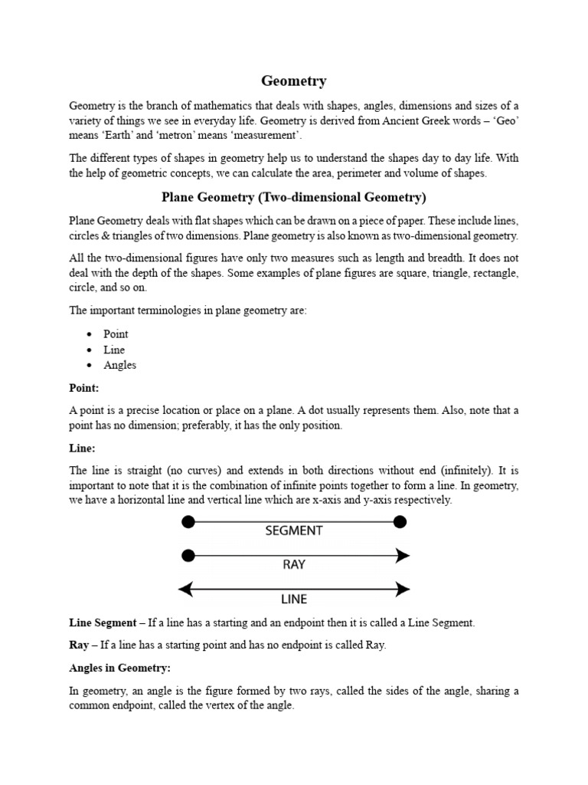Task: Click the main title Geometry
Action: coord(294,80)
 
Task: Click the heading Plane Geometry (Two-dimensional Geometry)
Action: coord(293,198)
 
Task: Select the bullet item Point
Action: coord(116,334)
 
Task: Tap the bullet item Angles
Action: coord(119,365)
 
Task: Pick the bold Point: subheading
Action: coord(84,389)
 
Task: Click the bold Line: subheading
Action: coord(82,448)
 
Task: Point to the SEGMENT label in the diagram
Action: coord(294,530)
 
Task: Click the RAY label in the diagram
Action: coord(294,564)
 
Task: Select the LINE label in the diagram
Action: coord(294,599)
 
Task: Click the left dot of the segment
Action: coord(188,522)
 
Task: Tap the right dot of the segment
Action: coord(400,522)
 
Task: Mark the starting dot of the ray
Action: coord(188,555)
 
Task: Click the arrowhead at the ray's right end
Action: coord(403,555)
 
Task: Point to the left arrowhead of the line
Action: coord(185,589)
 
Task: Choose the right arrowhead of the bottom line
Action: coord(403,589)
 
